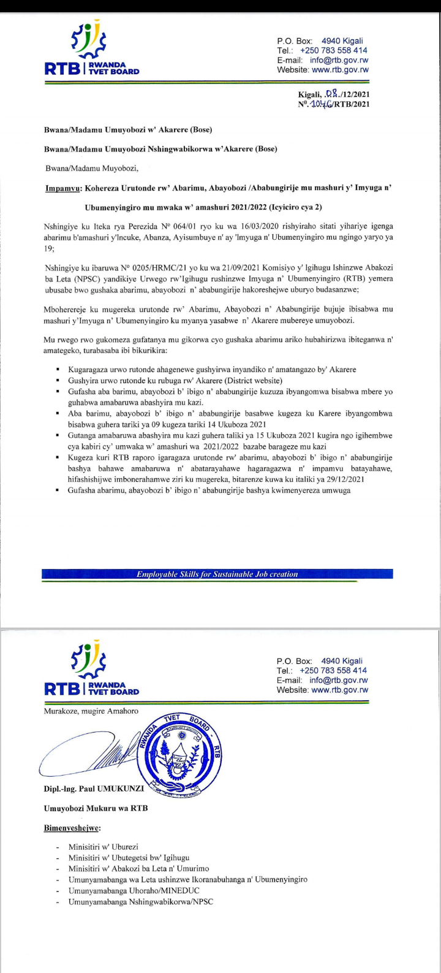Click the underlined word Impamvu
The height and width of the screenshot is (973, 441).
64,189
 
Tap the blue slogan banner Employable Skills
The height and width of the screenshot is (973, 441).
217,574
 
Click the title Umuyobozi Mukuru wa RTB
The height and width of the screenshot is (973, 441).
96,808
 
